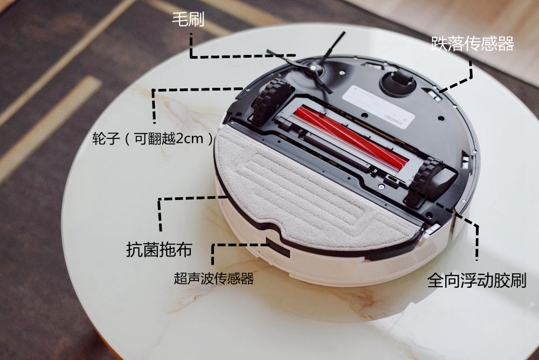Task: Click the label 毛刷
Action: pyautogui.click(x=188, y=19)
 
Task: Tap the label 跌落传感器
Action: pyautogui.click(x=472, y=44)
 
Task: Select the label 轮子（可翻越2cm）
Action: pyautogui.click(x=153, y=139)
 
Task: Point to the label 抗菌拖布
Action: pyautogui.click(x=159, y=250)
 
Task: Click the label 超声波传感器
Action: pyautogui.click(x=213, y=278)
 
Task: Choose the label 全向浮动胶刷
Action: pyautogui.click(x=477, y=281)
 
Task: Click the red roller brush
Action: pyautogui.click(x=351, y=137)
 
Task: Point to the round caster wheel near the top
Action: pyautogui.click(x=398, y=83)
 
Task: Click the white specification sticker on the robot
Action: pyautogui.click(x=378, y=107)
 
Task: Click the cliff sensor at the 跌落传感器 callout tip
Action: pyautogui.click(x=432, y=94)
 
